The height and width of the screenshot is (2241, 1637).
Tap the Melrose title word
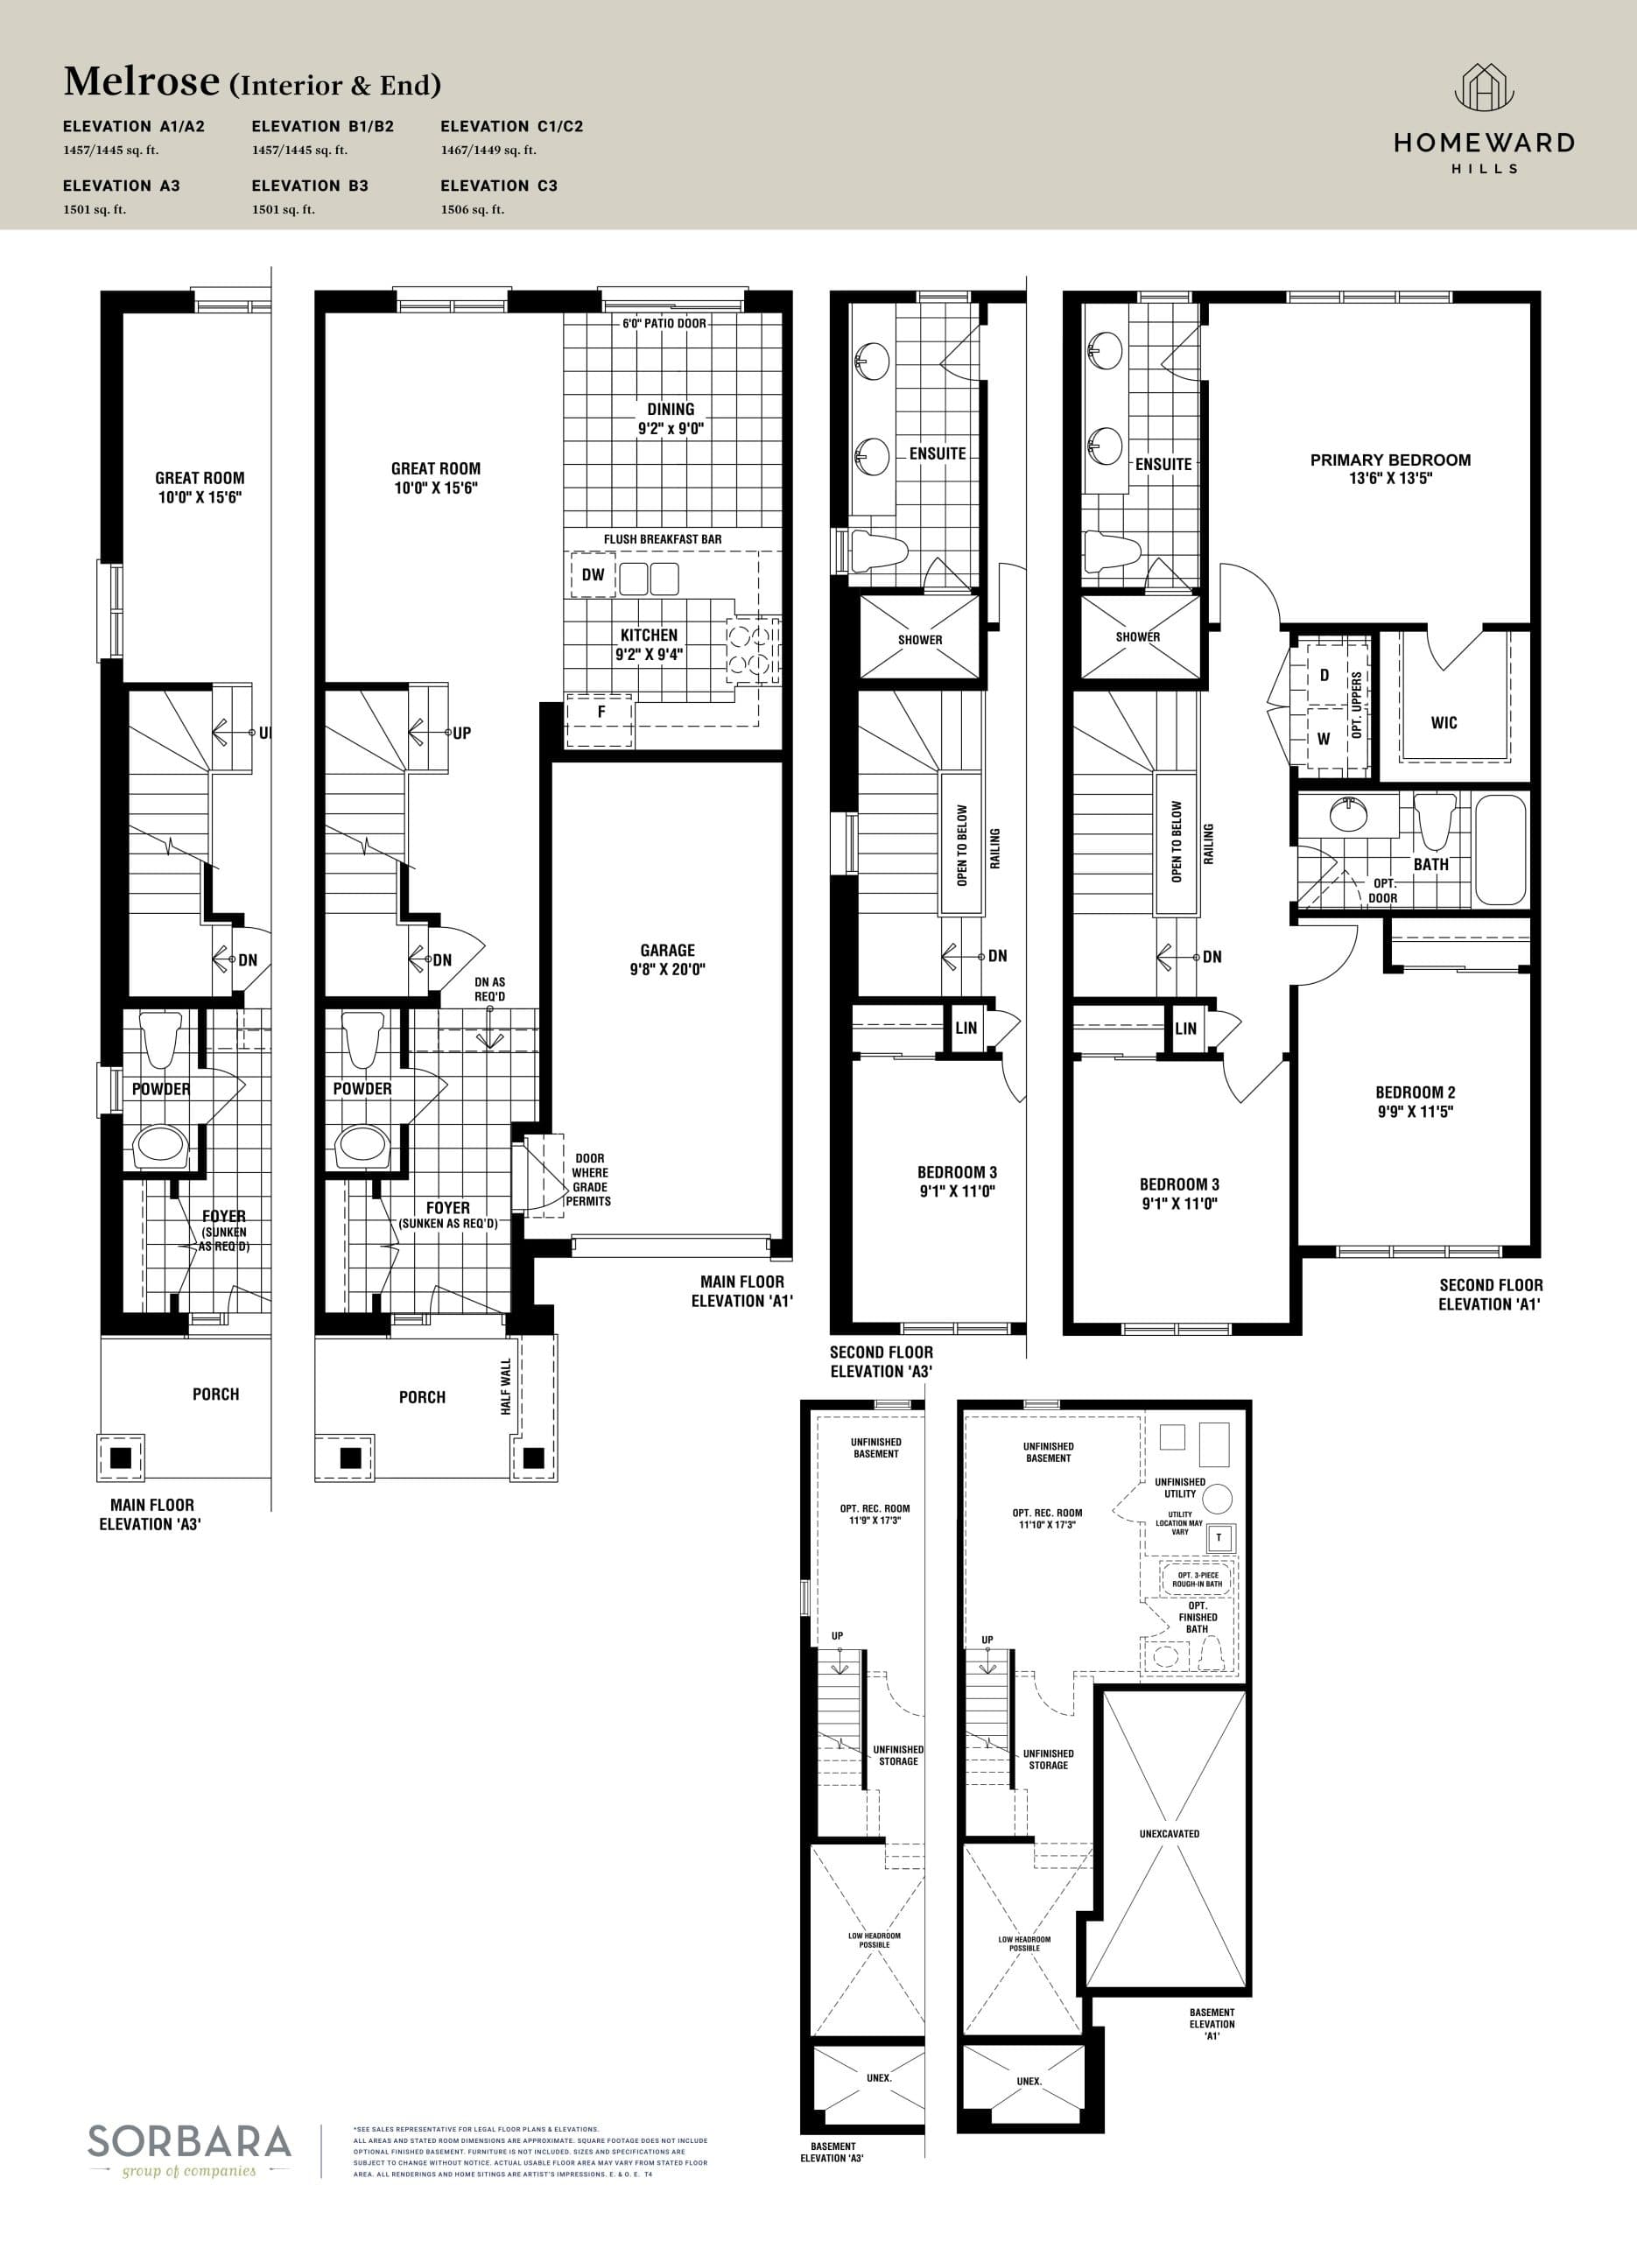point(141,81)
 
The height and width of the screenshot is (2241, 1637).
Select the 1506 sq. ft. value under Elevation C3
point(473,210)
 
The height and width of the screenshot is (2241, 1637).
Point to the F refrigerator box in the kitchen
point(601,713)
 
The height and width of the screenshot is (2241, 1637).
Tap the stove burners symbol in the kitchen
point(752,649)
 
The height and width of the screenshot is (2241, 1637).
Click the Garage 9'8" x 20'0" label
point(667,959)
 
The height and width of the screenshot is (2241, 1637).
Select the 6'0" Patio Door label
point(664,323)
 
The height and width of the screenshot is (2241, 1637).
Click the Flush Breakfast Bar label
point(663,539)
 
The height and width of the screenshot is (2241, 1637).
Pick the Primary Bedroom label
point(1389,468)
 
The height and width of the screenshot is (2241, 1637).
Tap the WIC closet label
point(1444,723)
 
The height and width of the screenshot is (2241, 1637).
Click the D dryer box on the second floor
point(1324,676)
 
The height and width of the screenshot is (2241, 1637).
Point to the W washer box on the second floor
point(1324,739)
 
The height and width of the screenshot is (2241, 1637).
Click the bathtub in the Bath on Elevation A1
point(1501,849)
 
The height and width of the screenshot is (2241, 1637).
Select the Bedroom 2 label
point(1415,1101)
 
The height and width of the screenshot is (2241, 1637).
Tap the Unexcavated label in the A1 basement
point(1170,1834)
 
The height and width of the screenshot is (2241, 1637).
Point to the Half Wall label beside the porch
point(506,1386)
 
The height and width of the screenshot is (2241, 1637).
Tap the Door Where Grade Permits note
point(590,1179)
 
